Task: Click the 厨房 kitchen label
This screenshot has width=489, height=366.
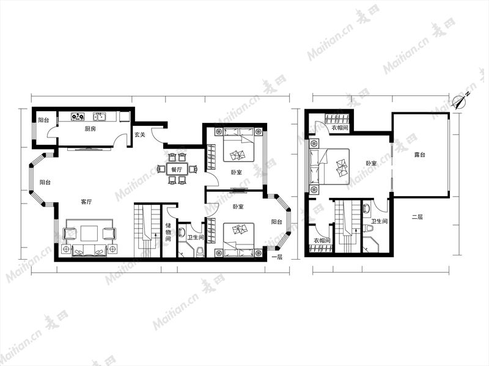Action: click(90, 129)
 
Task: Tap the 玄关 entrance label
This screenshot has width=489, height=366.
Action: click(140, 135)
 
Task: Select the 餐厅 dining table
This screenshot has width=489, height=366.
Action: click(177, 170)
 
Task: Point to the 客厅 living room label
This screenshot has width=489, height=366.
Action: click(86, 202)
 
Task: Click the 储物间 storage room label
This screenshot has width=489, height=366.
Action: click(168, 232)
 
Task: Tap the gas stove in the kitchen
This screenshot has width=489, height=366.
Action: click(78, 117)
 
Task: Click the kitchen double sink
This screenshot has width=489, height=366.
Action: click(100, 117)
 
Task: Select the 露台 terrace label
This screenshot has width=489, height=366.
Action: click(419, 155)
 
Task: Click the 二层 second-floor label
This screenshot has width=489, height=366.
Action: click(417, 217)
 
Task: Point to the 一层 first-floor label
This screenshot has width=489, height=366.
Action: click(277, 257)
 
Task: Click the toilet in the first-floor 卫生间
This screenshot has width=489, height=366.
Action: click(200, 251)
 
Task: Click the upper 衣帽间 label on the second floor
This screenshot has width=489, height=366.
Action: click(340, 128)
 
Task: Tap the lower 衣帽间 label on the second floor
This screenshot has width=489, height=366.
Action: click(322, 241)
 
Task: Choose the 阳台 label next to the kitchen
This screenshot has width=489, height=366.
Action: click(43, 120)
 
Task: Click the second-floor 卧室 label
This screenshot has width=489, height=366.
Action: click(371, 163)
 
